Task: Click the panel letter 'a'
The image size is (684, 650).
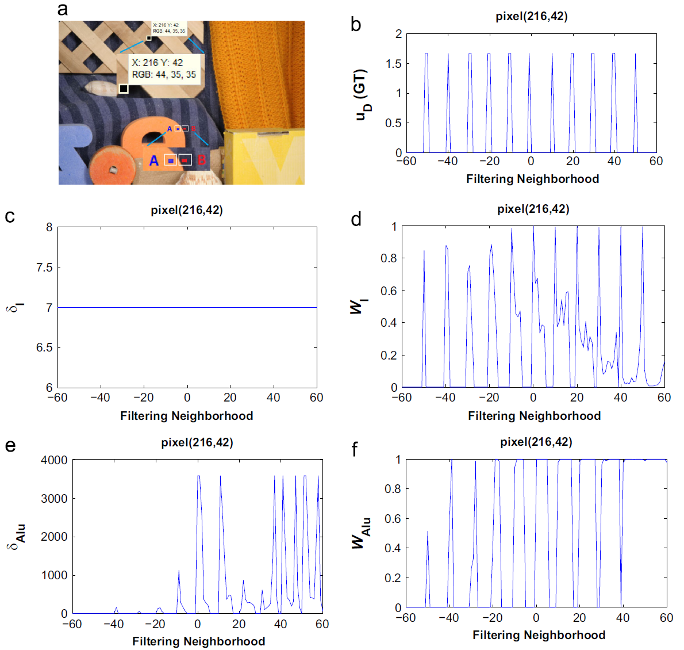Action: coord(63,10)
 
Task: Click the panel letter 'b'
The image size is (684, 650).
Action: coord(356,25)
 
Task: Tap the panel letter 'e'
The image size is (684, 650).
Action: coord(10,446)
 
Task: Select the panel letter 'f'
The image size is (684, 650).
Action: coord(355,449)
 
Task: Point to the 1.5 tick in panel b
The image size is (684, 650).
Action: coord(394,64)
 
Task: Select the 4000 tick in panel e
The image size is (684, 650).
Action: coord(54,460)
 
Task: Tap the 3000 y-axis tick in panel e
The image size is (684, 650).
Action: coord(54,499)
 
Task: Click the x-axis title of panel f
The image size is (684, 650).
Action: coord(539,635)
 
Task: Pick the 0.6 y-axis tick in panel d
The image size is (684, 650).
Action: coord(389,291)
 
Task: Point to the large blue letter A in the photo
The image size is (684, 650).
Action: coord(153,160)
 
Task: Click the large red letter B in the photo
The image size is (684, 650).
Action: coord(201,160)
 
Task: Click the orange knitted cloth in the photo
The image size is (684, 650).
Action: coord(256,75)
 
